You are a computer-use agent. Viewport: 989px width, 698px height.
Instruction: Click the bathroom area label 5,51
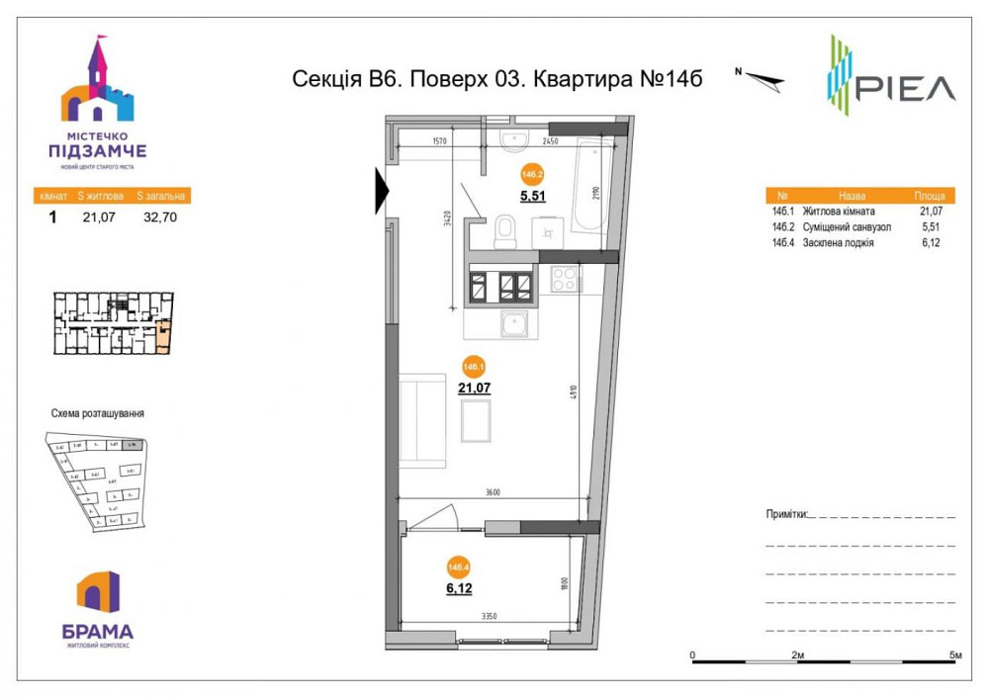coord(533,195)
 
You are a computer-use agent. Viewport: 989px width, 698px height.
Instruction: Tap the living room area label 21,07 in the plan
coord(474,388)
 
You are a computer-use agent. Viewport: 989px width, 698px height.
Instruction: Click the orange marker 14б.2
coord(533,173)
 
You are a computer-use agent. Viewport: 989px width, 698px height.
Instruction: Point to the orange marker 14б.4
coord(458,567)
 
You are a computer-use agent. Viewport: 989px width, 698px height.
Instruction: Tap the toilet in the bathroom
coord(505,234)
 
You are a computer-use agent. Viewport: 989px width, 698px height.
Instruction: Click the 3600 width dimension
coord(494,493)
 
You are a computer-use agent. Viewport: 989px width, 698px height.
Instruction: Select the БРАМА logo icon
coord(98,593)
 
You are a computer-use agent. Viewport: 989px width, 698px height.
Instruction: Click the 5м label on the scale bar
coord(953,655)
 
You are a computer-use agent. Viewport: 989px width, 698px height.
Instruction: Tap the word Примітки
coord(786,515)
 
